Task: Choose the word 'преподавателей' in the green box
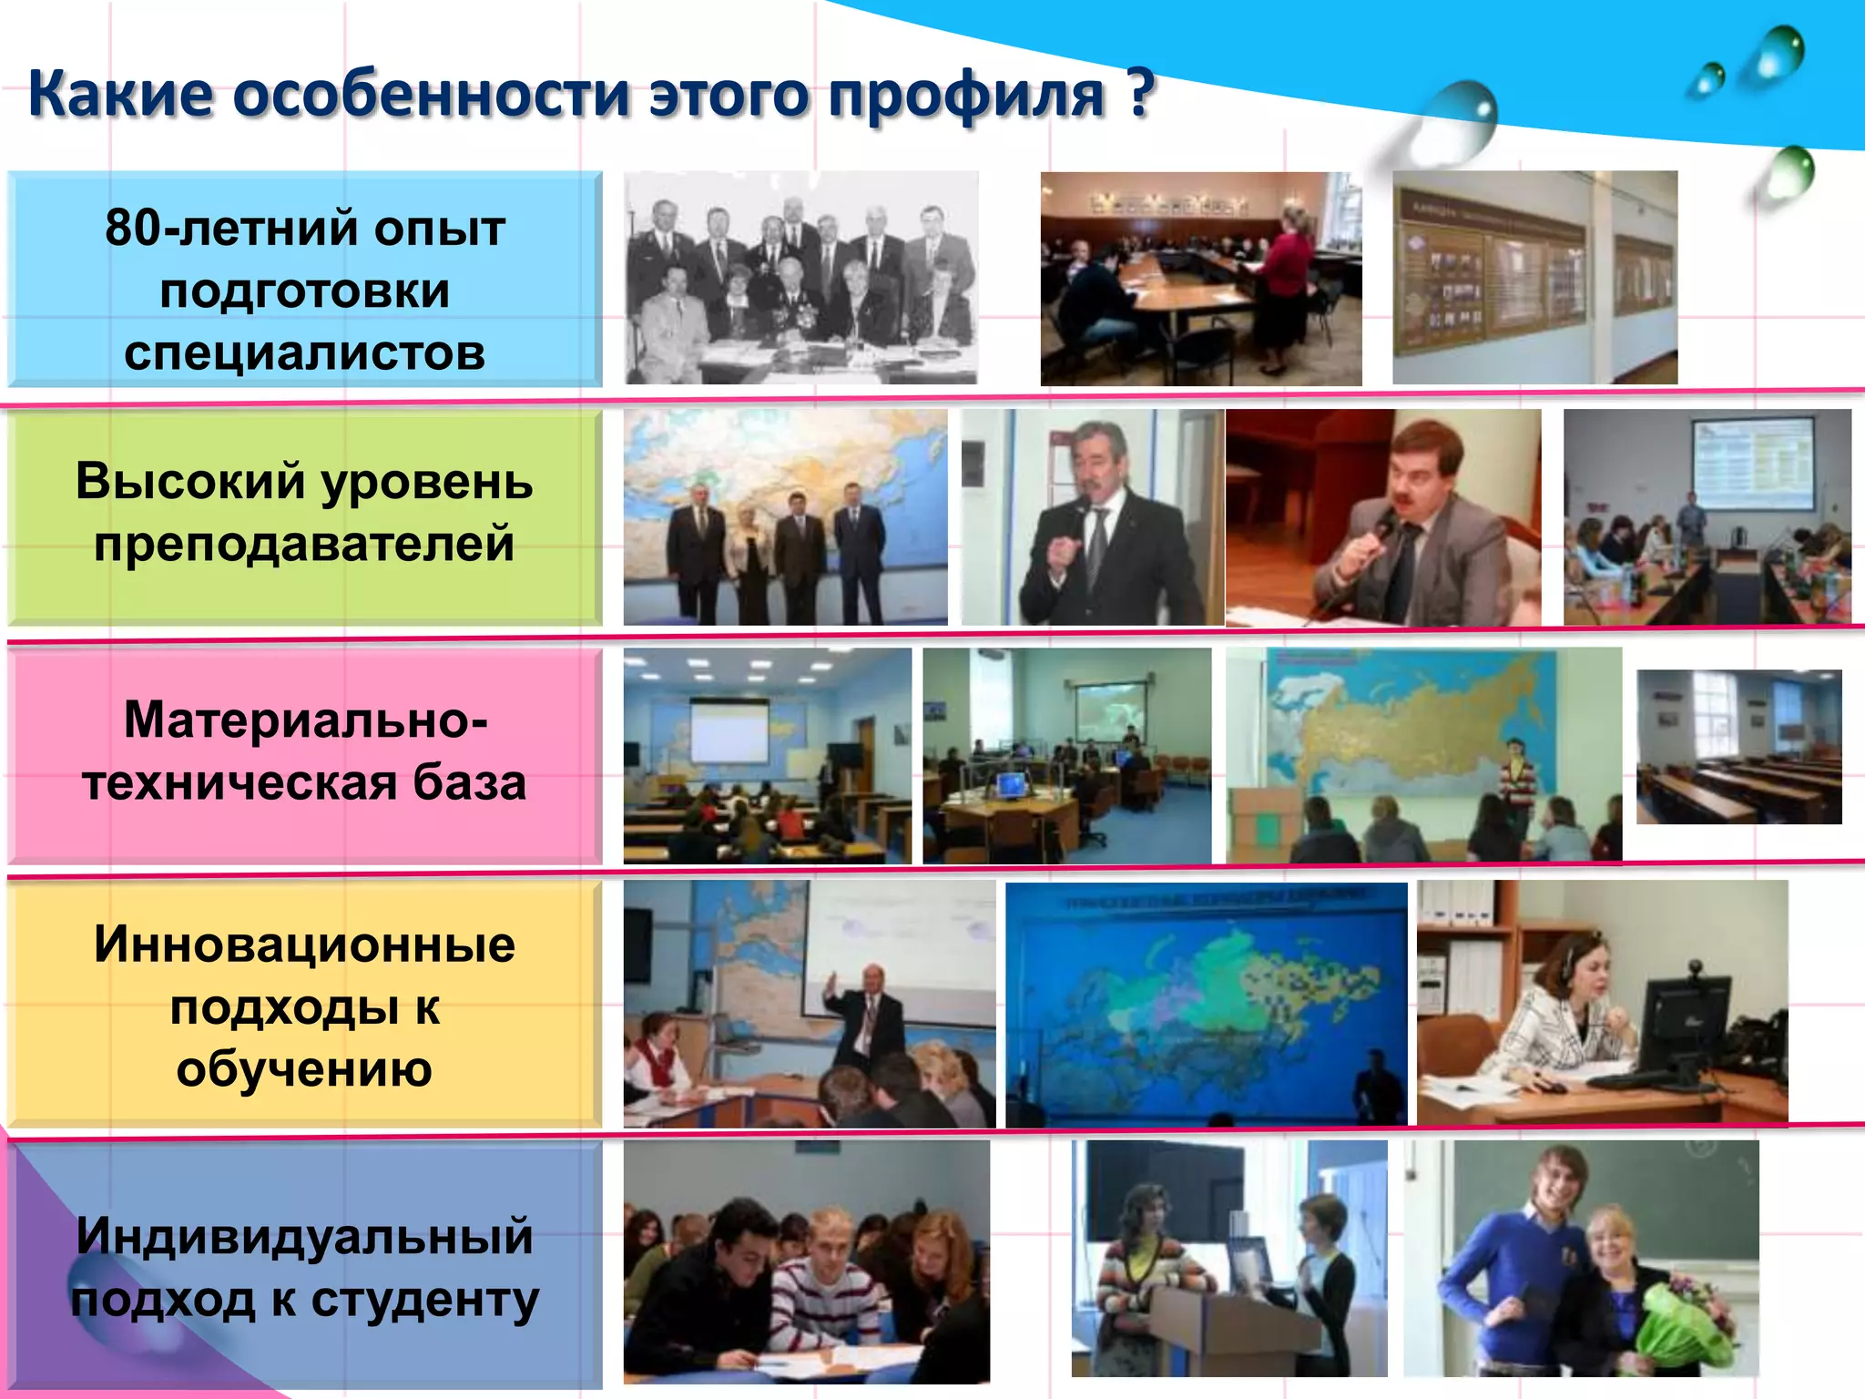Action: pyautogui.click(x=304, y=544)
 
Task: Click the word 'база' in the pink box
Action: pyautogui.click(x=470, y=782)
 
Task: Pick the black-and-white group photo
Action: pyautogui.click(x=800, y=278)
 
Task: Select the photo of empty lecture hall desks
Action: pyautogui.click(x=1738, y=747)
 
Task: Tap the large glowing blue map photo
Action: pyautogui.click(x=1206, y=1004)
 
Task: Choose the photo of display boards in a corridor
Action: pyautogui.click(x=1534, y=278)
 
